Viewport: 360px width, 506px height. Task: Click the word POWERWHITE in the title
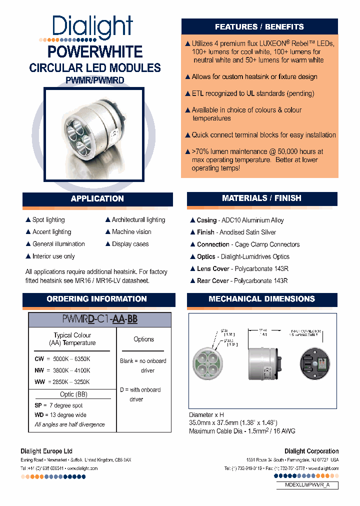[94, 52]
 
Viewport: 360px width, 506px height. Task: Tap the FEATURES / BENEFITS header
[259, 27]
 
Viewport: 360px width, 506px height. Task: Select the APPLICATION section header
[97, 199]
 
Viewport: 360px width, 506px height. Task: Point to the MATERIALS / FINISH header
[261, 198]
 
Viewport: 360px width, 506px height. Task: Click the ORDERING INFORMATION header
[96, 299]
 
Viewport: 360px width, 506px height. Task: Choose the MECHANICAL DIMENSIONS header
[261, 299]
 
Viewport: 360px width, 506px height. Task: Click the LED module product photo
[94, 134]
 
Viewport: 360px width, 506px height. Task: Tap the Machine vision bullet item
[130, 232]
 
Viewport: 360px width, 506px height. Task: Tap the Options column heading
[144, 339]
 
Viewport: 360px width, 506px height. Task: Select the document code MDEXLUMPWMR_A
[306, 485]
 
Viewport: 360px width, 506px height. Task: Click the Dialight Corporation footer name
[311, 451]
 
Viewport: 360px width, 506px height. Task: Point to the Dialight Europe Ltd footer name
[46, 451]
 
